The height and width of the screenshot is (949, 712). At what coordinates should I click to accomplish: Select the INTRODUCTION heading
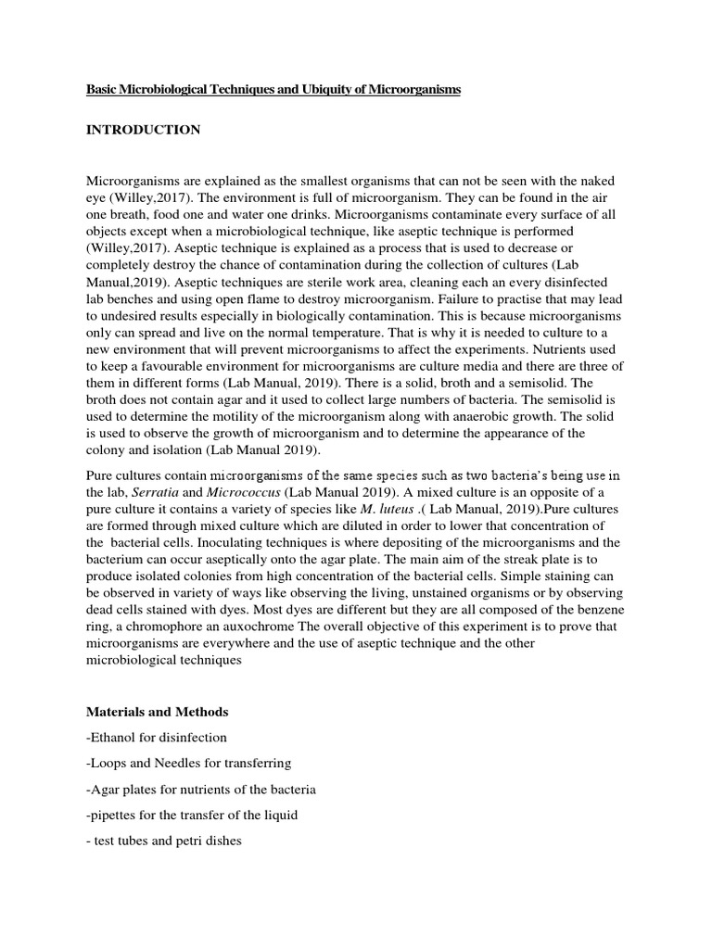point(143,130)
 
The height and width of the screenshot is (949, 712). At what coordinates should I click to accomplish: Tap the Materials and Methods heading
point(157,712)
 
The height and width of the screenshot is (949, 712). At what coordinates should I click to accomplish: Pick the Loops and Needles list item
point(189,764)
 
